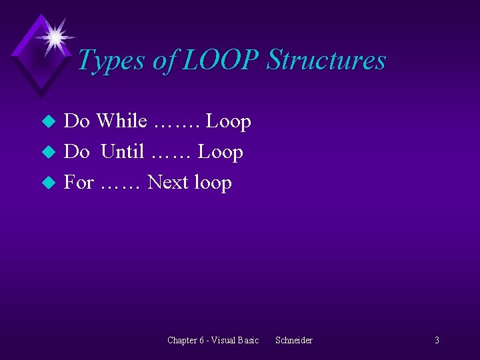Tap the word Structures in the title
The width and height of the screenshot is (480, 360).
point(326,61)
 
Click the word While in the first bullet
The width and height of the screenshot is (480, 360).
point(122,121)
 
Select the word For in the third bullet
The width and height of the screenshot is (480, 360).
point(79,183)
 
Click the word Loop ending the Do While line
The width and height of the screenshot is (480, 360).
point(228,121)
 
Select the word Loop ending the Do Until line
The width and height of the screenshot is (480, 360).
point(221,152)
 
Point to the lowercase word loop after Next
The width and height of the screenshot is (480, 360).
point(213,183)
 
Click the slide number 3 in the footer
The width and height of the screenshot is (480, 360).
point(437,341)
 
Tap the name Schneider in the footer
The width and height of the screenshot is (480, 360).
point(294,341)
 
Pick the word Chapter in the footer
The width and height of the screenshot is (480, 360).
point(182,341)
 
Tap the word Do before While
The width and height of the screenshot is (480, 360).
point(77,121)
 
